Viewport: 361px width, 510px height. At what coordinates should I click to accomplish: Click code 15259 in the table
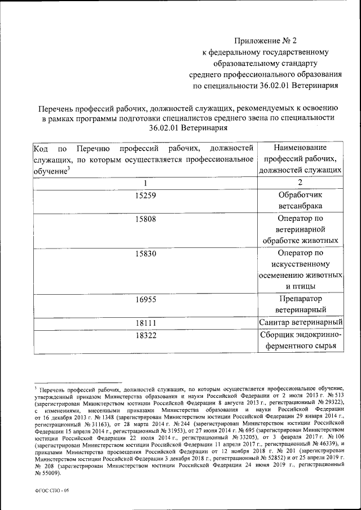coord(145,196)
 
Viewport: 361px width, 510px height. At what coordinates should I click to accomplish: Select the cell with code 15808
coord(145,219)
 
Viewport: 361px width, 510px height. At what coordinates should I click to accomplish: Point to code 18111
coord(145,323)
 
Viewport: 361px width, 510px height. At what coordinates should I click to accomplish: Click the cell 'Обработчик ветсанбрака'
coord(300,201)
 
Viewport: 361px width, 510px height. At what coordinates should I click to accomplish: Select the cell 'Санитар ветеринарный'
coord(300,323)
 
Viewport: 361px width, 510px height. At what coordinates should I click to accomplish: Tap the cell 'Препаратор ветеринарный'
coord(300,304)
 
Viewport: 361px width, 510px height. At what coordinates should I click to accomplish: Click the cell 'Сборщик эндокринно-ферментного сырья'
coord(300,340)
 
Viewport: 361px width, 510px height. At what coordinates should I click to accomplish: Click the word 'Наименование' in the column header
coord(300,148)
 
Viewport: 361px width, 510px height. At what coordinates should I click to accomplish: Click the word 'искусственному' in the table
coord(300,264)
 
